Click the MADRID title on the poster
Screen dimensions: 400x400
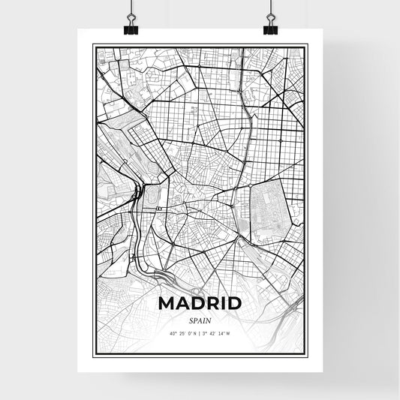pyautogui.click(x=200, y=304)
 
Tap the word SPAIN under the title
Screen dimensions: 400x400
pyautogui.click(x=200, y=320)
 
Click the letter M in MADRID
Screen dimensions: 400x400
pyautogui.click(x=167, y=304)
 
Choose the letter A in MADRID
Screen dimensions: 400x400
pyautogui.click(x=182, y=304)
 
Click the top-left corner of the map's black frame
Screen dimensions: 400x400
pyautogui.click(x=94, y=46)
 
